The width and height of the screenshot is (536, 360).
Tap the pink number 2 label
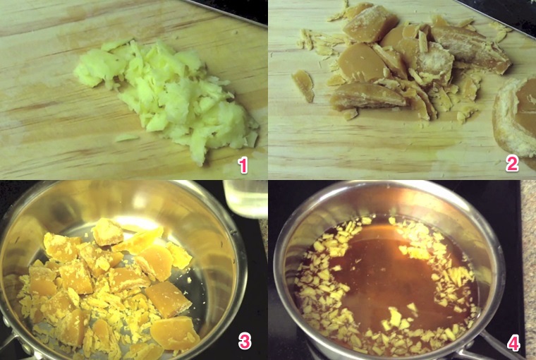512,164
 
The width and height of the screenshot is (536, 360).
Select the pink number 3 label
244,342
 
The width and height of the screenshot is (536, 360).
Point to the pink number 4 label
513,344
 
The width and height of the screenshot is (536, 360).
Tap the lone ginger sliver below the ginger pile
127,138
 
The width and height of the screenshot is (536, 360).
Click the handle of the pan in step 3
11,346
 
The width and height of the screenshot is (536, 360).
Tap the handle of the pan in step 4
487,349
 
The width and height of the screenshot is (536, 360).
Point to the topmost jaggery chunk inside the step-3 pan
108,232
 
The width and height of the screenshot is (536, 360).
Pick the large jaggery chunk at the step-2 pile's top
370,25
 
